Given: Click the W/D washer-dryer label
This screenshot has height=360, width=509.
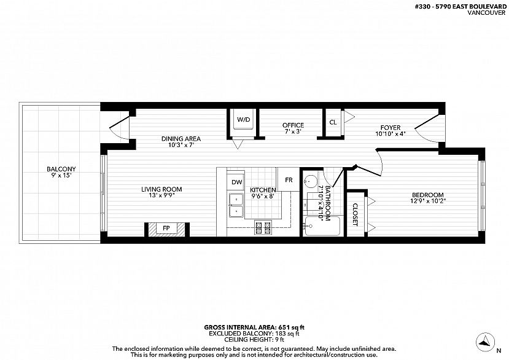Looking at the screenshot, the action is (244, 120).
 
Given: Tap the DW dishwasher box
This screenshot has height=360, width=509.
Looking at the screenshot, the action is (236, 182).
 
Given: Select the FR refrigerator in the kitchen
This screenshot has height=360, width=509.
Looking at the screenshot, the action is (289, 179).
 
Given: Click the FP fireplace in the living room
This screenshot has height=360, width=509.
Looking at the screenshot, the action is (166, 229).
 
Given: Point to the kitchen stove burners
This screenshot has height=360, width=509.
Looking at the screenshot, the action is (263, 227).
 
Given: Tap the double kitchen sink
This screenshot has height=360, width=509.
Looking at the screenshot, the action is (236, 205).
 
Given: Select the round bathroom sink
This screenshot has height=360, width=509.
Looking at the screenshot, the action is (311, 179).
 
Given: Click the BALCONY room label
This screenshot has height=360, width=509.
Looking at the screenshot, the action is (61, 169).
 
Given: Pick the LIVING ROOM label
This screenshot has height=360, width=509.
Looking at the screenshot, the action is (161, 189).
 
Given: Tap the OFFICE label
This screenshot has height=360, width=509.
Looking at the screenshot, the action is (293, 125).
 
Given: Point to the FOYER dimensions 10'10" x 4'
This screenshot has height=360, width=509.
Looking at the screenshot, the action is (390, 133).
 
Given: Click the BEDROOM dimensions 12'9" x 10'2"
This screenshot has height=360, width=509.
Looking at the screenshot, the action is (427, 201).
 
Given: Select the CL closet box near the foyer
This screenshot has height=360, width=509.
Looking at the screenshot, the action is (333, 122).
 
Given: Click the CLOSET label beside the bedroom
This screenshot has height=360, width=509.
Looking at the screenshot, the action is (355, 215).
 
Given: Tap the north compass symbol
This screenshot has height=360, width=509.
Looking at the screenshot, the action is (485, 342).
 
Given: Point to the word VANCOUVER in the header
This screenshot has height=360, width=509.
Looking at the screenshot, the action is (486, 13).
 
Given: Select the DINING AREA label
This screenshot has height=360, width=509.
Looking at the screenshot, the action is (181, 139).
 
